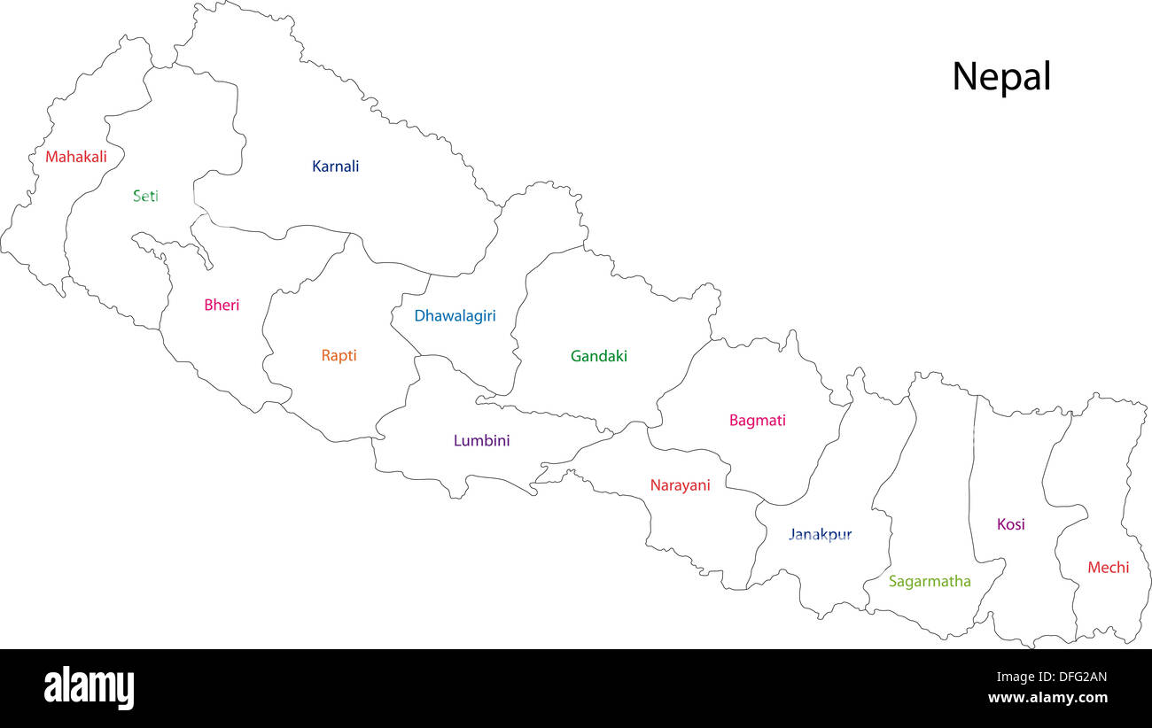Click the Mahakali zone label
pyautogui.click(x=76, y=157)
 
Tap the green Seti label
pyautogui.click(x=145, y=196)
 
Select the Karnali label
pyautogui.click(x=335, y=166)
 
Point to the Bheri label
pyautogui.click(x=222, y=305)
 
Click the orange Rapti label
pyautogui.click(x=339, y=355)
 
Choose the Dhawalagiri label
pyautogui.click(x=455, y=315)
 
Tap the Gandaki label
pyautogui.click(x=598, y=356)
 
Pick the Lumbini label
pyautogui.click(x=481, y=440)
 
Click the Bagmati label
pyautogui.click(x=757, y=421)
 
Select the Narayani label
pyautogui.click(x=680, y=485)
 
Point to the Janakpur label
pyautogui.click(x=820, y=535)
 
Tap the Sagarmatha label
pyautogui.click(x=930, y=582)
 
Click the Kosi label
pyautogui.click(x=1010, y=524)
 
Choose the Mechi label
pyautogui.click(x=1108, y=568)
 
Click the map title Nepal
pyautogui.click(x=1000, y=77)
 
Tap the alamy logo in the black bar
pyautogui.click(x=89, y=687)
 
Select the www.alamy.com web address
pyautogui.click(x=1047, y=698)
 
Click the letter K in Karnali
pyautogui.click(x=316, y=166)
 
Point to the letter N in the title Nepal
pyautogui.click(x=962, y=76)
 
